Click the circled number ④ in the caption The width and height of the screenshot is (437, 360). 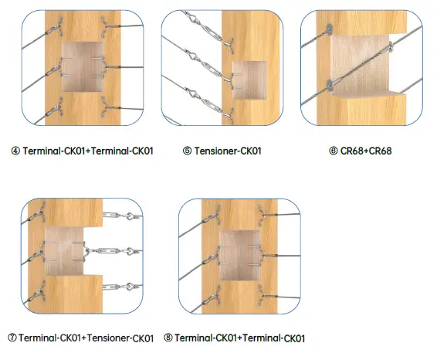(x=16, y=151)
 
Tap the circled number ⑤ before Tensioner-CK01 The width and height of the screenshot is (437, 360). (x=188, y=151)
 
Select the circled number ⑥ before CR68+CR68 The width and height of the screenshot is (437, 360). (x=334, y=151)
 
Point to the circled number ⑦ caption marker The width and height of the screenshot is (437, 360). (x=12, y=338)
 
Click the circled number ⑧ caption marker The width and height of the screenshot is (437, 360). (x=168, y=338)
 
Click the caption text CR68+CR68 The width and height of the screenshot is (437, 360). (x=366, y=151)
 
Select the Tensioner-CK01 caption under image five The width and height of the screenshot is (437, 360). (x=227, y=151)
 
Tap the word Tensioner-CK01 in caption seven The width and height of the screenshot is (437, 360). (x=119, y=338)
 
